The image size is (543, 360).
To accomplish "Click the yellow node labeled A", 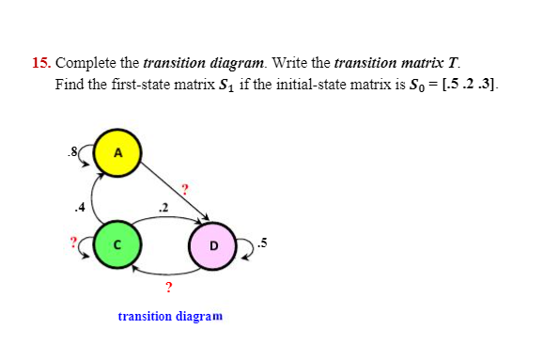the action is (x=118, y=153).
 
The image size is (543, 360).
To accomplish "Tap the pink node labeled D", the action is (x=213, y=245).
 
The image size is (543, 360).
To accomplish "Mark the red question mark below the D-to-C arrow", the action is (x=167, y=288).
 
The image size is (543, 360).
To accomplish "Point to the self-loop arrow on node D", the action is (x=237, y=246).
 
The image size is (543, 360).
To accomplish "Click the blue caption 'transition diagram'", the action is (x=170, y=317).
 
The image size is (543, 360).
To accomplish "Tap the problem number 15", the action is (x=40, y=64).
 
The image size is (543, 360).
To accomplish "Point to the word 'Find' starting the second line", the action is (x=70, y=84).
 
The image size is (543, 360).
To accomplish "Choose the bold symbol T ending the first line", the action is (x=454, y=64).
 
